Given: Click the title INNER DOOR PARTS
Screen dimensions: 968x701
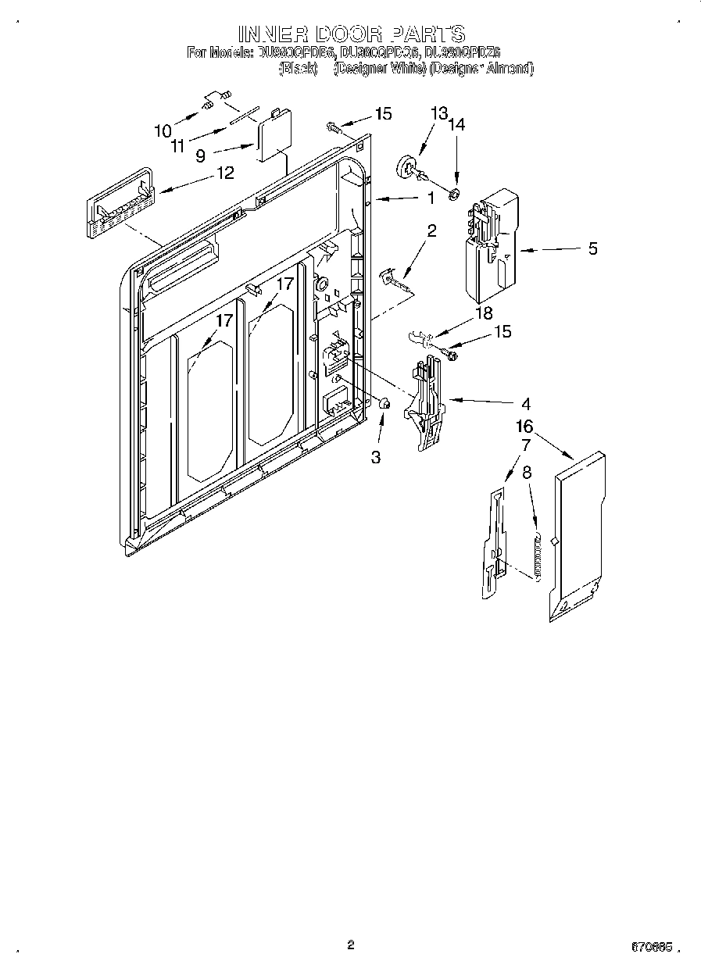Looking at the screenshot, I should [x=351, y=34].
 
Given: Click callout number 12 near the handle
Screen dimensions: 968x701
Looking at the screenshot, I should [x=224, y=173].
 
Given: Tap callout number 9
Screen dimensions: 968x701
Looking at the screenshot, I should [x=201, y=155].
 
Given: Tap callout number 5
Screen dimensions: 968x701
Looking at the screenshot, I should [x=592, y=248].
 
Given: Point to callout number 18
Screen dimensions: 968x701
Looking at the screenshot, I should [x=484, y=313].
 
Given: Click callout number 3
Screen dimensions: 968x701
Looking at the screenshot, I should [x=376, y=457].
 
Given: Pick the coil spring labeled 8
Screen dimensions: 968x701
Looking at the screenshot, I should [x=535, y=555].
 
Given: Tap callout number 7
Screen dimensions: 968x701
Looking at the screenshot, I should [x=525, y=445].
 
